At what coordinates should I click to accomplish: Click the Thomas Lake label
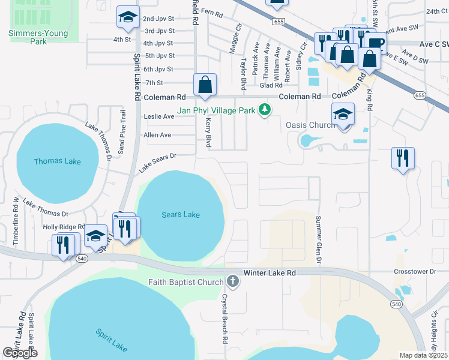(57, 161)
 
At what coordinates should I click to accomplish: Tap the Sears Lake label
(181, 214)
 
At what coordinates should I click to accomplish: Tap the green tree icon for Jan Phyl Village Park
(264, 110)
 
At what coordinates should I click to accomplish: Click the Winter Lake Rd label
(270, 272)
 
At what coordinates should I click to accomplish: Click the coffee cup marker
(376, 43)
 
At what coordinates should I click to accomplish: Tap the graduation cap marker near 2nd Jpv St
(127, 18)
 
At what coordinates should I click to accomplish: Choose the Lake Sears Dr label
(157, 163)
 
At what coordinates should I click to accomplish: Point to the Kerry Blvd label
(209, 133)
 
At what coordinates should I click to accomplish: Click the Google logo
(20, 353)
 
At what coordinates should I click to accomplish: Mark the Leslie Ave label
(158, 116)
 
